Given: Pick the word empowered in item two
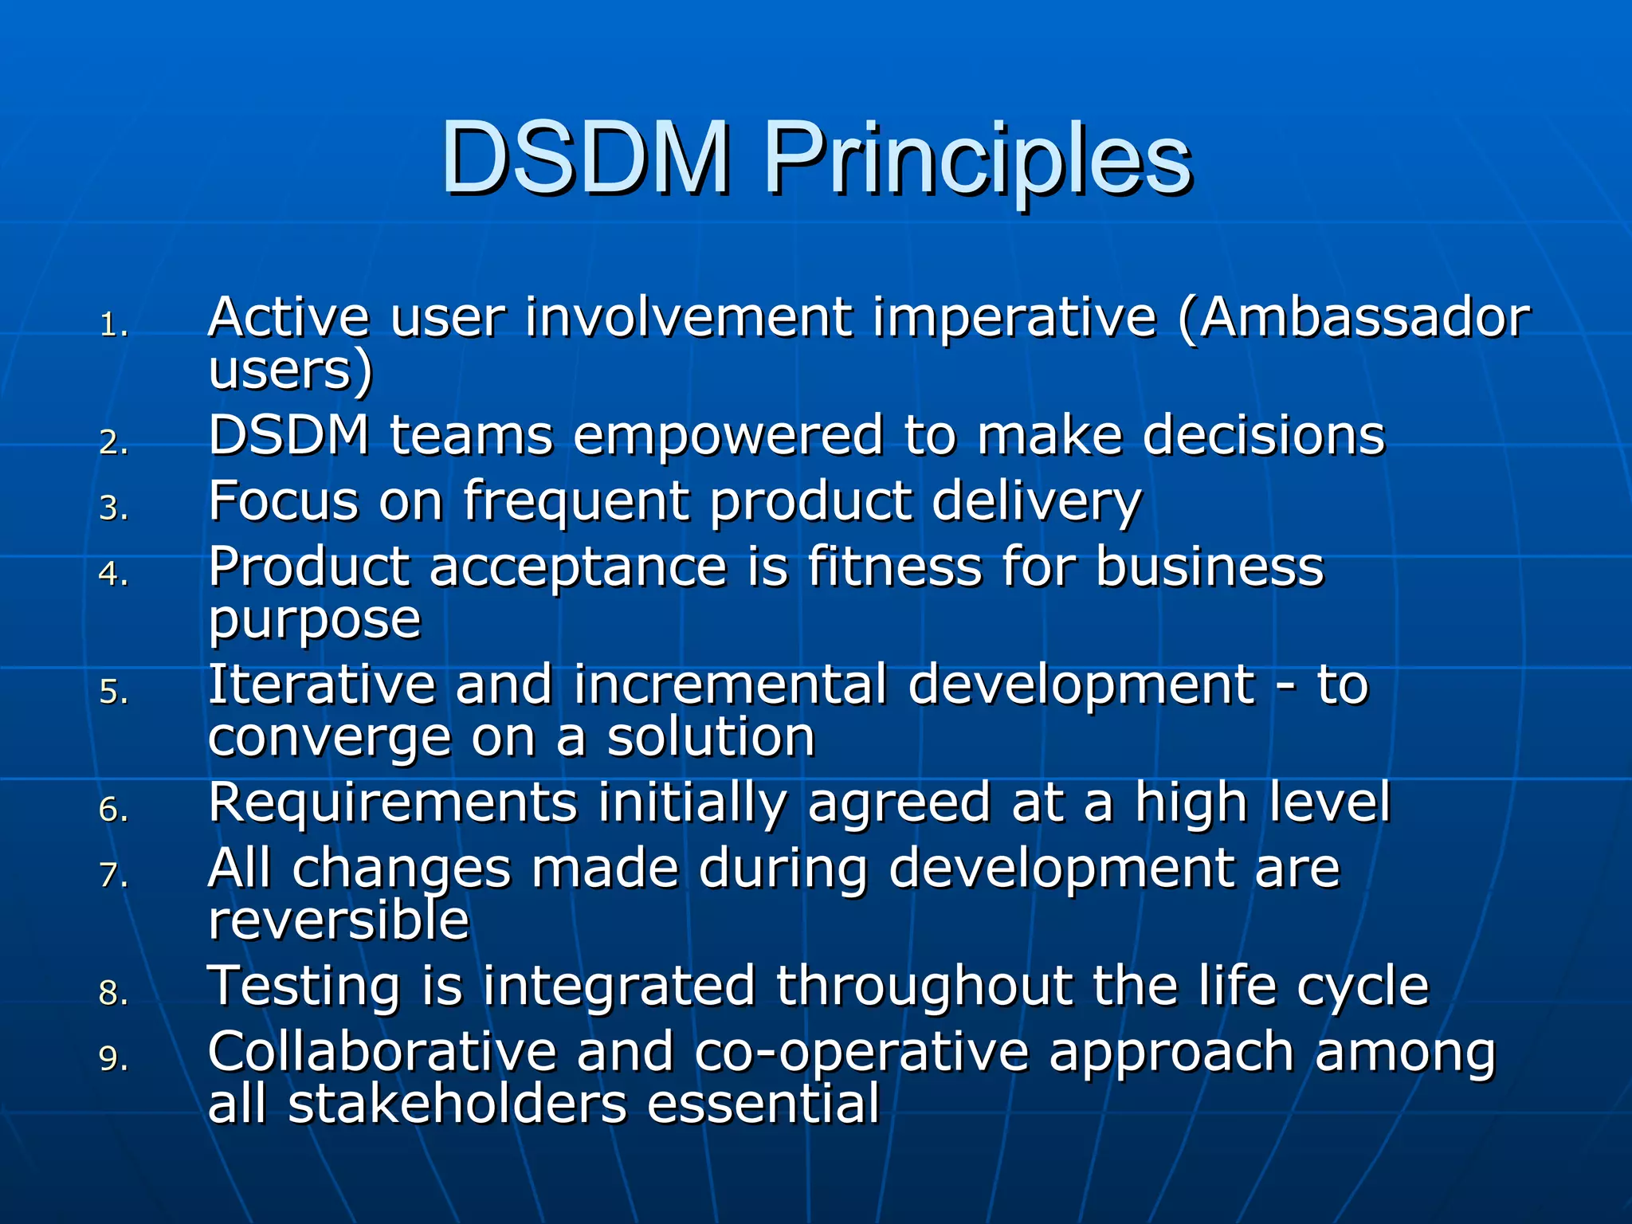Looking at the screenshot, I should (728, 436).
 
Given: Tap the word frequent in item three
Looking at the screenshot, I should (576, 502).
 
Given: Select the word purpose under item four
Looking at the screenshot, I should (314, 620).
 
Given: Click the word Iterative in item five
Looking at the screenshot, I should (321, 685).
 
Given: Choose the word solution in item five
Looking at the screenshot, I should (711, 737).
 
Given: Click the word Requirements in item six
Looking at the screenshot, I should (392, 802).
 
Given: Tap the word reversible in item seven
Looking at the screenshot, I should (338, 920).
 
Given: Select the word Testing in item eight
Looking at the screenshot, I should (303, 987).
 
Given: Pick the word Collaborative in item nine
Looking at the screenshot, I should (382, 1052).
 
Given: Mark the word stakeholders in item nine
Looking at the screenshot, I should (457, 1104).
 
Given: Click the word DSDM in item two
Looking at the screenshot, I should (288, 436).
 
